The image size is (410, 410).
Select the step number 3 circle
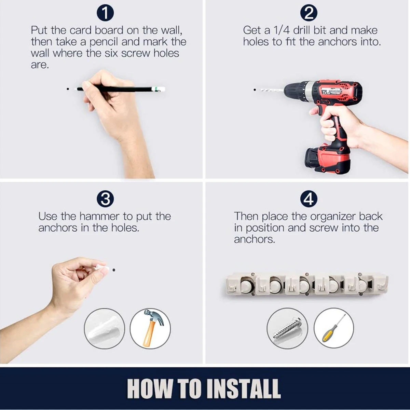[x=105, y=199]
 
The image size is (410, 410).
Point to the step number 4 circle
[x=309, y=199]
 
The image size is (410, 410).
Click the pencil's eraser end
[x=162, y=89]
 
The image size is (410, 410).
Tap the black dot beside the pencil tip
[x=68, y=89]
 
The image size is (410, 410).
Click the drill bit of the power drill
[x=271, y=91]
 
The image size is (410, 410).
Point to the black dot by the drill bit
[x=255, y=90]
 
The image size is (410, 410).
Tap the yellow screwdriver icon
[x=333, y=328]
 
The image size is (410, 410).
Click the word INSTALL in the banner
[x=243, y=388]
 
